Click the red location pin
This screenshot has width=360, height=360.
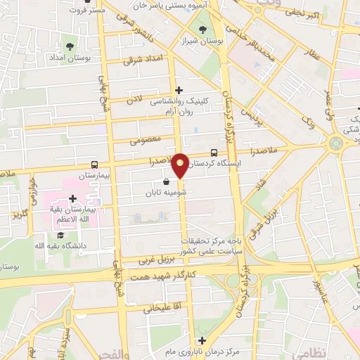(180, 166)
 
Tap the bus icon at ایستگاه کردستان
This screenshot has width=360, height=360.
(214, 153)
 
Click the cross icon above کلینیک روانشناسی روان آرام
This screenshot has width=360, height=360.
(179, 90)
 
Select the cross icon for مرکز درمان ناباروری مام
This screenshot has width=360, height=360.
(202, 340)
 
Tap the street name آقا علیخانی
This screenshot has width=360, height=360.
(158, 308)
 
